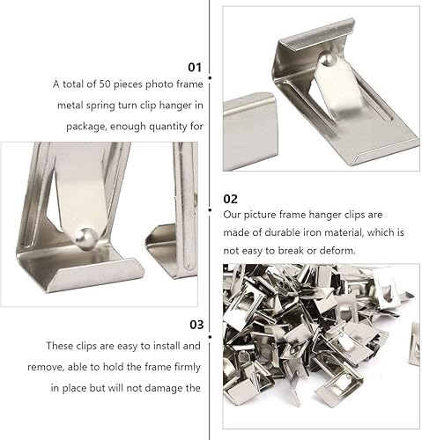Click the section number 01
tap(195, 67)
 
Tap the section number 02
tap(230, 199)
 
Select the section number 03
tap(196, 325)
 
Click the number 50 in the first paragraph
tap(105, 84)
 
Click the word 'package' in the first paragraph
tap(85, 127)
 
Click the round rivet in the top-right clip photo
tap(326, 59)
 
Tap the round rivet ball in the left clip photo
tap(85, 239)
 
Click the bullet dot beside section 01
tap(210, 77)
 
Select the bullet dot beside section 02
tap(210, 210)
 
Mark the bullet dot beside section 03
tap(210, 337)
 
